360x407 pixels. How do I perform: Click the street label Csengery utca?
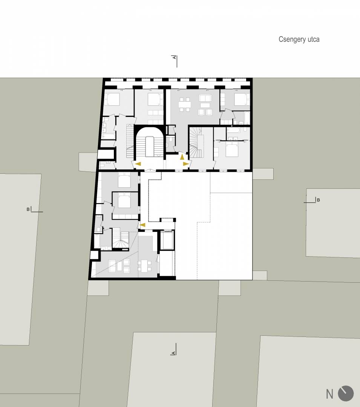pyautogui.click(x=299, y=39)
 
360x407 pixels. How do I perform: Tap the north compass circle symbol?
pyautogui.click(x=346, y=393)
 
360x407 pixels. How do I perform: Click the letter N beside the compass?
pyautogui.click(x=329, y=394)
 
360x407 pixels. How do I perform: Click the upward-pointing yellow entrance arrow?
pyautogui.click(x=182, y=156)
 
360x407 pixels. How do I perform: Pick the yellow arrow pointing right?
pyautogui.click(x=186, y=164)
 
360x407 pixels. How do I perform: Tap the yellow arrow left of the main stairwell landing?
pyautogui.click(x=138, y=164)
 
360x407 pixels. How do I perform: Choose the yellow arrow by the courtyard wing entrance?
pyautogui.click(x=142, y=225)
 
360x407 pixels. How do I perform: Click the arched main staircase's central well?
pyautogui.click(x=149, y=147)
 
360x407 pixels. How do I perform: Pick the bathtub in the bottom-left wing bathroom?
pyautogui.click(x=97, y=242)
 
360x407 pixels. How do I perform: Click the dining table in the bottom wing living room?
pyautogui.click(x=145, y=266)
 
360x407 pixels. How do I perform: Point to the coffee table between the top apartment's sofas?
pyautogui.click(x=205, y=105)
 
